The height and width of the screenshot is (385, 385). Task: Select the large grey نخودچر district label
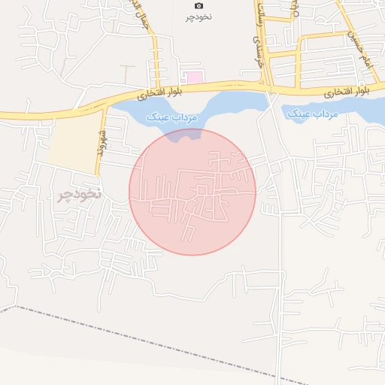point(79,196)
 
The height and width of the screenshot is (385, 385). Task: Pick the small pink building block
point(194,77)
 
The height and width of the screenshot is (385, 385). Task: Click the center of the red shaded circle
point(192,192)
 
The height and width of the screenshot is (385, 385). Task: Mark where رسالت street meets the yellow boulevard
point(269,88)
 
